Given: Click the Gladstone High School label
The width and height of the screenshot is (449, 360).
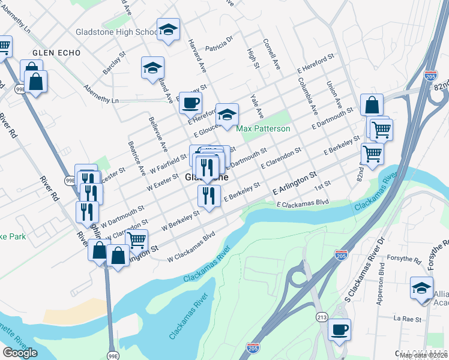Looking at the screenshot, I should pos(116,32).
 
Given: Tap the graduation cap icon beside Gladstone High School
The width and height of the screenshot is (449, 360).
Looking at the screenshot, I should pos(169,29).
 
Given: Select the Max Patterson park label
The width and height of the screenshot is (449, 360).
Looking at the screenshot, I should pos(263,129).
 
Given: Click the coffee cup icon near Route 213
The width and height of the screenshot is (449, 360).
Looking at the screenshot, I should pos(339,329).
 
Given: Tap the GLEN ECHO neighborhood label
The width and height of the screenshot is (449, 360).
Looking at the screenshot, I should pos(56,53).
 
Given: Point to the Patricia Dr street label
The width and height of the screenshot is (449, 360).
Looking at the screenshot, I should pos(218,46).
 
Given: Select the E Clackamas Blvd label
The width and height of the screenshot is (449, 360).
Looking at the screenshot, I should pos(303,204).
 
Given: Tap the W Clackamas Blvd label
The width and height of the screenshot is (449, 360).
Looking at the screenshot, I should pos(191,248).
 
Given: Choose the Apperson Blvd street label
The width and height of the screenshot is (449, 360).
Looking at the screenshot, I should pos(381,290).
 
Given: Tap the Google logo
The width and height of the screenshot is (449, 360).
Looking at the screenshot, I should pos(20,353).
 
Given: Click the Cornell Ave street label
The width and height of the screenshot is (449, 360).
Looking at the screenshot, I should pos(271,55).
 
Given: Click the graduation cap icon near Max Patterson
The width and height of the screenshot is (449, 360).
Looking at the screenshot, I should pos(227,115).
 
